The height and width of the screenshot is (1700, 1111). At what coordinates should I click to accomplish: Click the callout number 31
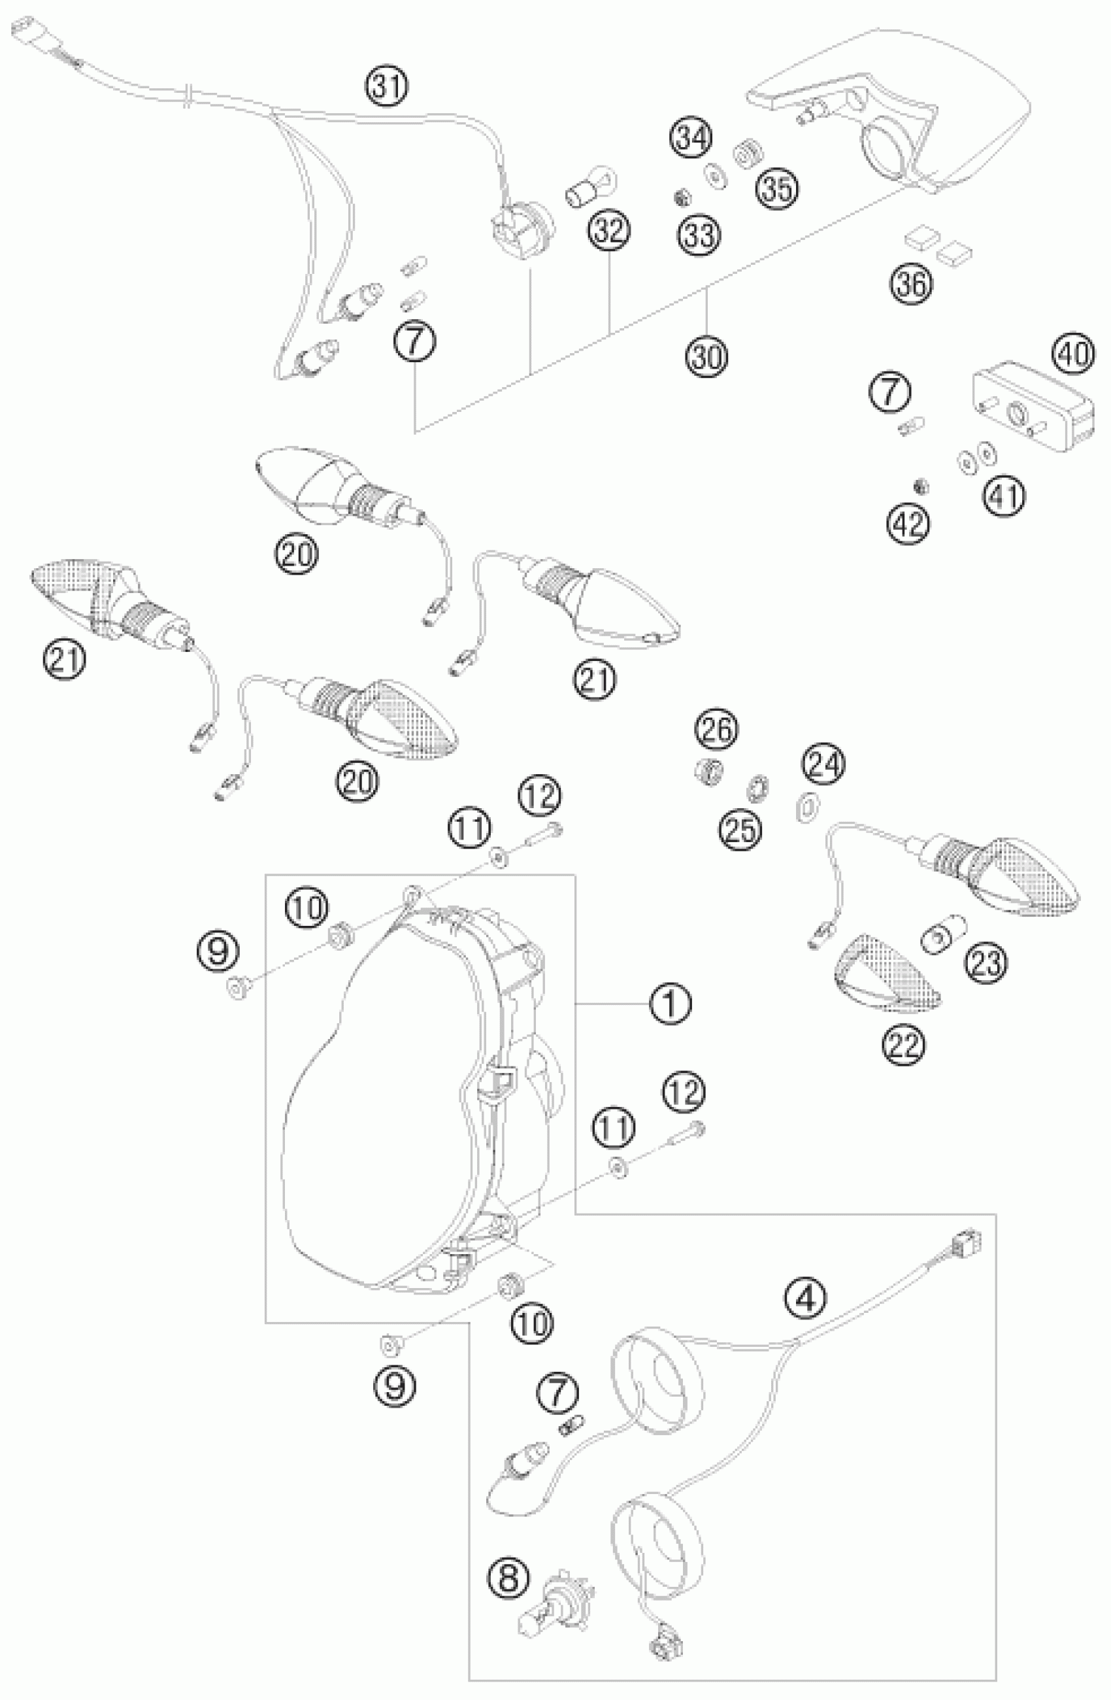click(388, 87)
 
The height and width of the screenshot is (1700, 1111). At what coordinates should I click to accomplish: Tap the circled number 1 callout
click(670, 1004)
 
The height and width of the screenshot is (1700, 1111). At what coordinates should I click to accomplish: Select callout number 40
click(1072, 354)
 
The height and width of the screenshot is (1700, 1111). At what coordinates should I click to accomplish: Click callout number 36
click(912, 284)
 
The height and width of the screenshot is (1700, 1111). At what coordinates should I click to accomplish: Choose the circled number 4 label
click(804, 1299)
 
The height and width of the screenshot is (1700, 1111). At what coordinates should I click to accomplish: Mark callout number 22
click(903, 1045)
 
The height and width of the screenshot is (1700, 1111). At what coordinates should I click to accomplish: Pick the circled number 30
click(706, 356)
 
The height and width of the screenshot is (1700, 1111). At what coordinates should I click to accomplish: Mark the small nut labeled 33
click(682, 195)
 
